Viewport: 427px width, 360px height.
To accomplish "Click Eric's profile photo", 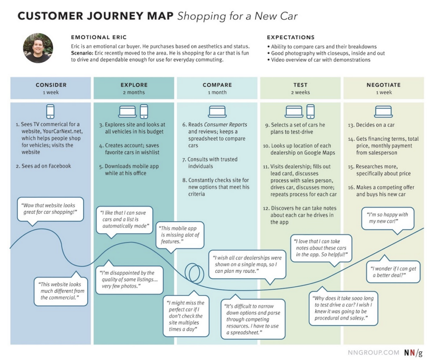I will (38, 48).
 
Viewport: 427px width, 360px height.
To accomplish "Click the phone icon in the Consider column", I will (50, 111).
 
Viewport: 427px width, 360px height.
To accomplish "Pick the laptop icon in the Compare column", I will (217, 111).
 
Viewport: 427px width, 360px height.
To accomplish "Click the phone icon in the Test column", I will (310, 111).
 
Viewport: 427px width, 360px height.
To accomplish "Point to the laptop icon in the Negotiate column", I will (383, 111).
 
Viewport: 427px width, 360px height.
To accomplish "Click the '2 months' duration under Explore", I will (134, 92).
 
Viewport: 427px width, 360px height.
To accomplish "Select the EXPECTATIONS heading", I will (291, 37).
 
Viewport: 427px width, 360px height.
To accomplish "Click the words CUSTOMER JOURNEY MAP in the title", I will (95, 16).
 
